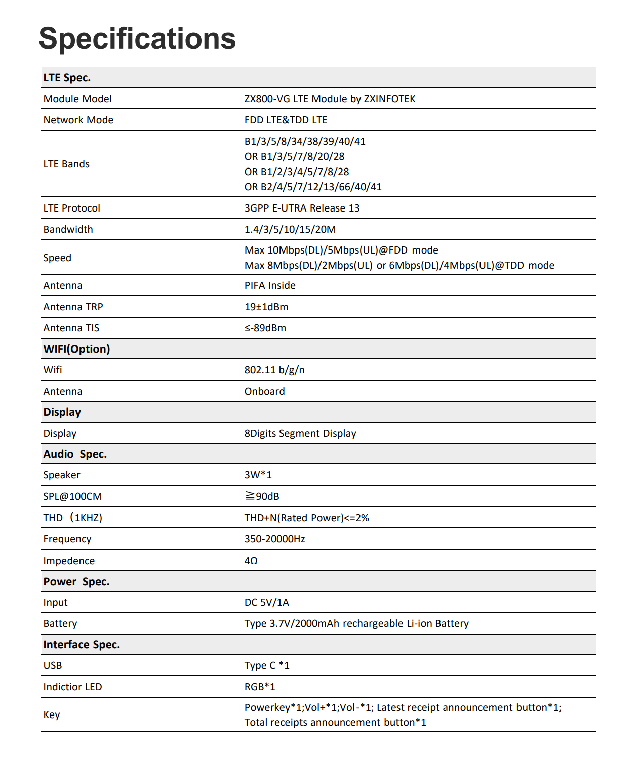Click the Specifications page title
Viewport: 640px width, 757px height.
coord(137,38)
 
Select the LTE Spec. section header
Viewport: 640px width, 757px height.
coord(67,78)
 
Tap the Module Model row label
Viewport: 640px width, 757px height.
coord(77,99)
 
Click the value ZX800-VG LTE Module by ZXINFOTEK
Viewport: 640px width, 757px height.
coord(330,99)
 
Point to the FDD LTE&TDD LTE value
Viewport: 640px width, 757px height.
coord(286,120)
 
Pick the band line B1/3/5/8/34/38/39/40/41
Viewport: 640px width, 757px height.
coord(305,141)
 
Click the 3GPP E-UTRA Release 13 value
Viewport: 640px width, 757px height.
coord(302,208)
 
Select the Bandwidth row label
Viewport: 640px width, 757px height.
coord(68,229)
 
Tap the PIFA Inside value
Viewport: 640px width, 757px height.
coord(270,285)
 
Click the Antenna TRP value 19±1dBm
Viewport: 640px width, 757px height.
coord(266,307)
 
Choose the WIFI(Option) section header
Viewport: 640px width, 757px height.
coord(76,349)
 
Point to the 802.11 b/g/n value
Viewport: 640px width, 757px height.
coord(274,370)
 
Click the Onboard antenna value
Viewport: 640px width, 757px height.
coord(264,391)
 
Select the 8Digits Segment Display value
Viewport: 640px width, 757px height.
coord(300,433)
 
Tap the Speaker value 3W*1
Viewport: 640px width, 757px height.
coord(258,475)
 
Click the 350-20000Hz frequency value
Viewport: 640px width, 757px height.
coord(274,539)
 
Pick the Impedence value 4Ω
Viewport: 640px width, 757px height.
coord(251,561)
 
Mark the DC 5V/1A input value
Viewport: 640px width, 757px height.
coord(266,602)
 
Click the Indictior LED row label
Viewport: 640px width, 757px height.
coord(72,687)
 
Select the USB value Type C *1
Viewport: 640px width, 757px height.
coord(267,665)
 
